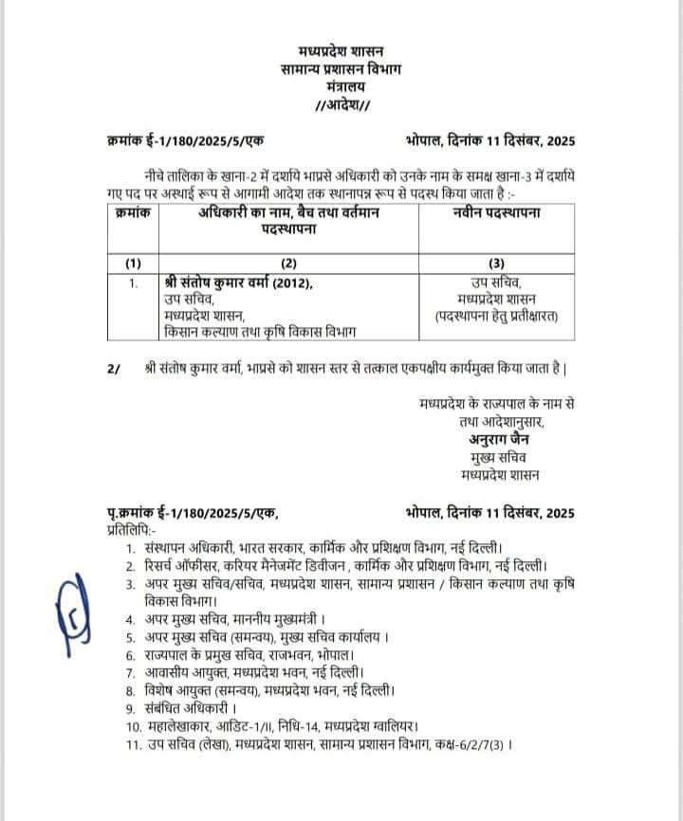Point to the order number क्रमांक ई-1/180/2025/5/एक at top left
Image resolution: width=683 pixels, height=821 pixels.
click(186, 141)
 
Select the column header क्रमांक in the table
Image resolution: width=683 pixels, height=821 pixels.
click(133, 214)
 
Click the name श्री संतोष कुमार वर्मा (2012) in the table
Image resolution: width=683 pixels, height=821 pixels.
click(237, 283)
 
